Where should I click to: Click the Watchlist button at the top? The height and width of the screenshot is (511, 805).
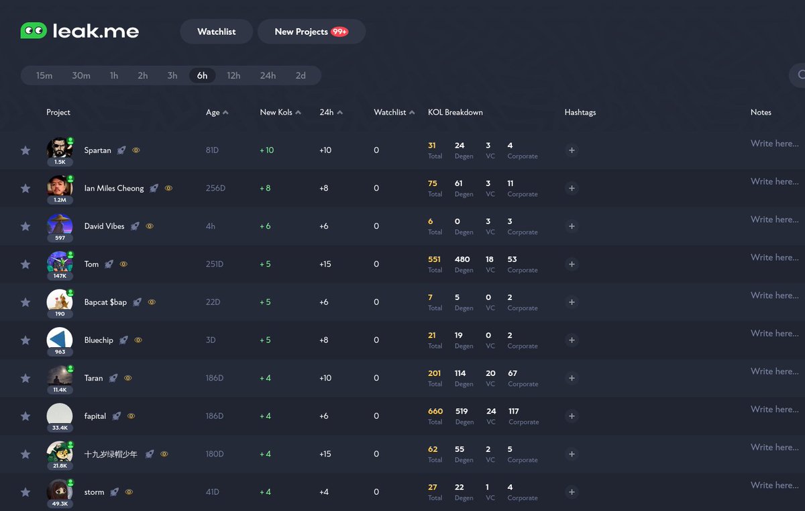point(216,32)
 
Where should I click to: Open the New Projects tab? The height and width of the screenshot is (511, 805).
point(301,32)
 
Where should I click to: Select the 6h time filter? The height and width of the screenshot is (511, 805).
point(202,75)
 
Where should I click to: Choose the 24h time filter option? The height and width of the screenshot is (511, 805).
point(268,75)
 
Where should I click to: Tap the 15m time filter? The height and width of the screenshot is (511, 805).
point(44,75)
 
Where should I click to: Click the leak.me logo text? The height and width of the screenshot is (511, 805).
point(96,31)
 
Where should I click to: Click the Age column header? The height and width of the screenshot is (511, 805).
point(213,112)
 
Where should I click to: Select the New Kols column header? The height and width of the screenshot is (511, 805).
point(276,112)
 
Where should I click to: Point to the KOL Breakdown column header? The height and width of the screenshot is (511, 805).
point(455,112)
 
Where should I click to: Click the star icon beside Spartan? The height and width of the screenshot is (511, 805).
point(25,150)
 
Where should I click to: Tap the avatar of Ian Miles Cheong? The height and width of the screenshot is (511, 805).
point(59,186)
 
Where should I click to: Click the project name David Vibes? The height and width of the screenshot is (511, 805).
point(104,226)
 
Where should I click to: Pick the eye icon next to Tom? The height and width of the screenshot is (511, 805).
point(123,265)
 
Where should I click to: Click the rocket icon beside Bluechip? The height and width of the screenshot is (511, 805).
point(123,340)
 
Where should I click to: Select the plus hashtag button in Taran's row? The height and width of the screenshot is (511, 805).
point(572,378)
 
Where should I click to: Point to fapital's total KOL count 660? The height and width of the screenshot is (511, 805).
point(435,411)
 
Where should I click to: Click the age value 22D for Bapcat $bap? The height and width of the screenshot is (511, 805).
point(213,302)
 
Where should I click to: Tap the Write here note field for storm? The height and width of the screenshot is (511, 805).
point(774,485)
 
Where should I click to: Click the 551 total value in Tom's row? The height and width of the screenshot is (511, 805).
point(435,259)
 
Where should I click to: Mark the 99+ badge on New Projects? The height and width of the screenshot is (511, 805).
point(339,32)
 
